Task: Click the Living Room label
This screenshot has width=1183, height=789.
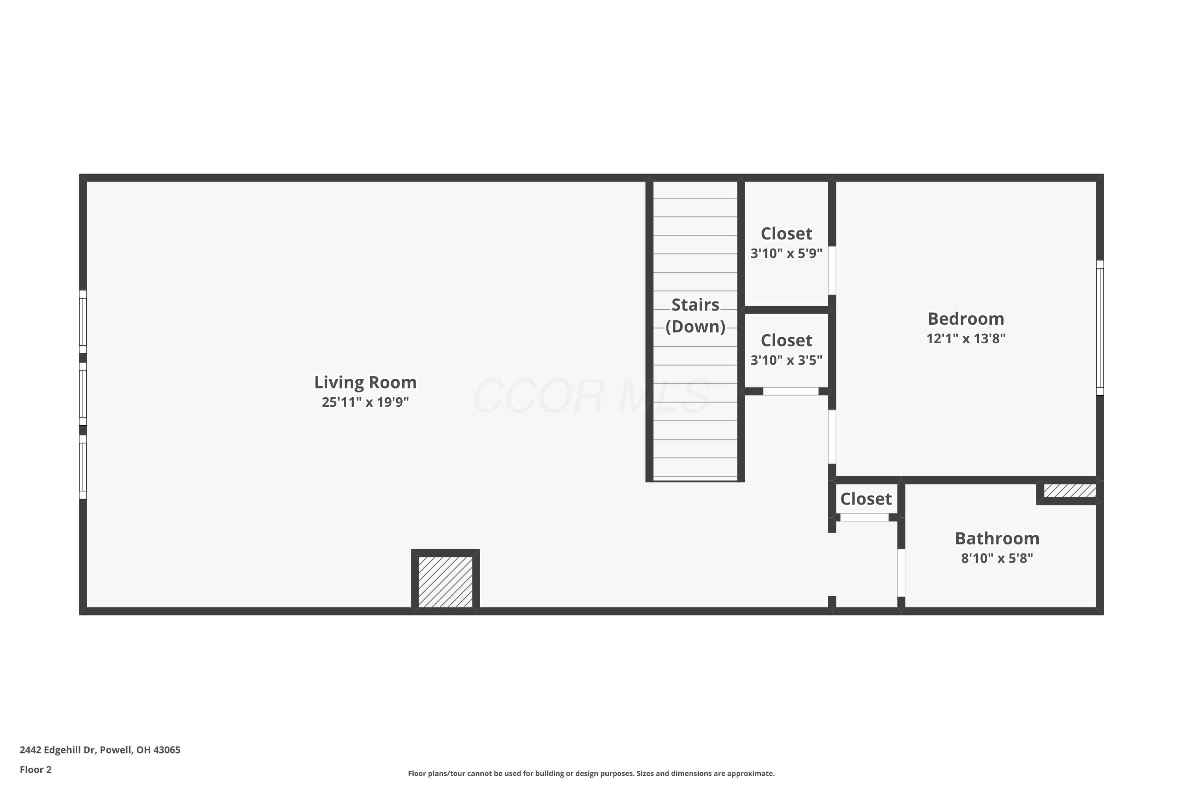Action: point(365,382)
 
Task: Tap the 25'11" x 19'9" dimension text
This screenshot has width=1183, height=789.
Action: point(365,402)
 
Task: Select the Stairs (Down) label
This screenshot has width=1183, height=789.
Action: point(695,316)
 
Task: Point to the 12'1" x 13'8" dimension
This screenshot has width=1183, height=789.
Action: point(965,338)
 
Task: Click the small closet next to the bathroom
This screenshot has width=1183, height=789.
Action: point(865,499)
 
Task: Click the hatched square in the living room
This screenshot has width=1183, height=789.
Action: point(445,581)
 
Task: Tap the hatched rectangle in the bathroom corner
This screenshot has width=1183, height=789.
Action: point(1069,491)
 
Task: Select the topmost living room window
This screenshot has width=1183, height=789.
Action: point(83,322)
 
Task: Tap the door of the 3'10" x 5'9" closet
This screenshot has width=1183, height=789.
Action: point(832,270)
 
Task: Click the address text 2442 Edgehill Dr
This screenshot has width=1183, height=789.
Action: point(100,750)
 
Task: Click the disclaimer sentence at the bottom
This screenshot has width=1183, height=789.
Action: point(591,773)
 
